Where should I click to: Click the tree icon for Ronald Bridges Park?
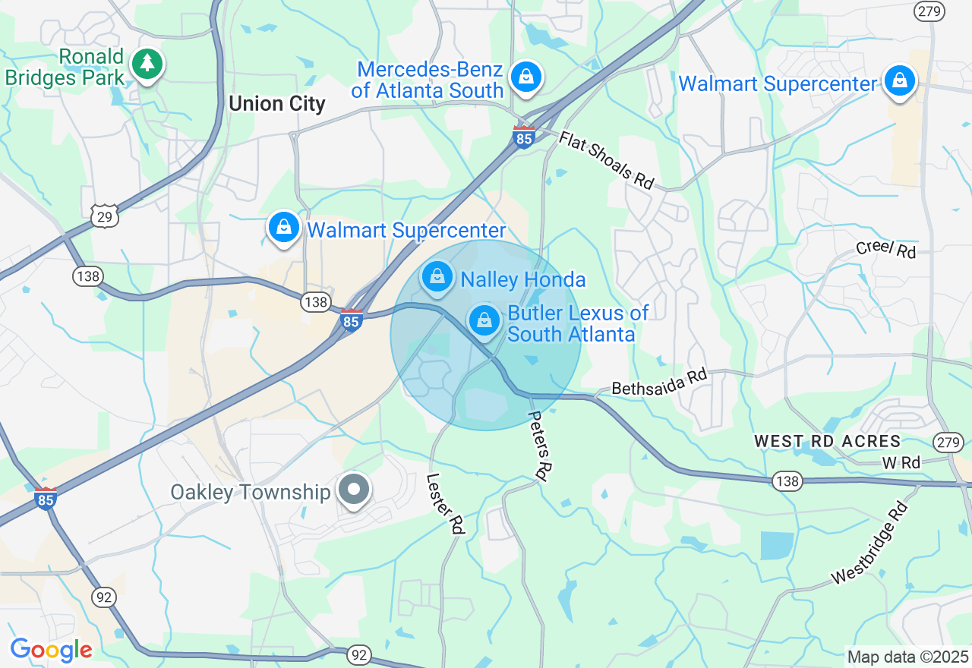[x=147, y=64]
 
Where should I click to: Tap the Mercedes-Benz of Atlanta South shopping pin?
[x=525, y=77]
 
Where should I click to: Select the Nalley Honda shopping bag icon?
[x=437, y=276]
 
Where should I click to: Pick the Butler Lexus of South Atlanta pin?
[x=484, y=320]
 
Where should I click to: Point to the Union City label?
[x=276, y=104]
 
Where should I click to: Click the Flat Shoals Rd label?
[x=607, y=160]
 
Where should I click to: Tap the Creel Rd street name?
[x=885, y=249]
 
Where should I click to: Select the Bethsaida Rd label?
[x=659, y=382]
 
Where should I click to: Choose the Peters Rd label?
[x=538, y=446]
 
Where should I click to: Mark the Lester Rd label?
[x=445, y=504]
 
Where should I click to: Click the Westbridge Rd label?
[x=870, y=543]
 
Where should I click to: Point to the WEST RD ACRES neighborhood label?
[x=827, y=441]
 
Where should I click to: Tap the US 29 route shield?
[x=104, y=217]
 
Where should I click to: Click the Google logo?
[x=51, y=650]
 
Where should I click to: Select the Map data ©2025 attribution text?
[x=908, y=657]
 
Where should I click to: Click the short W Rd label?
[x=901, y=462]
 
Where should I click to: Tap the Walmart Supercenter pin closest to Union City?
[x=284, y=227]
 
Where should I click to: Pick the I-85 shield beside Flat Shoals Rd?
[x=523, y=137]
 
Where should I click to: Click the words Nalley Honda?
[x=523, y=280]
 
